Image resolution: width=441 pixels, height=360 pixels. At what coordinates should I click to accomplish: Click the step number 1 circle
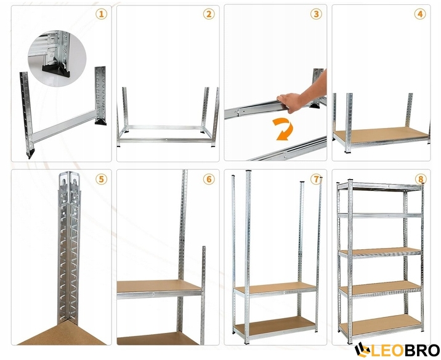[x=101, y=14]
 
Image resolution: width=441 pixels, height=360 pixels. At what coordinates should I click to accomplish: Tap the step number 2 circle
[x=209, y=14]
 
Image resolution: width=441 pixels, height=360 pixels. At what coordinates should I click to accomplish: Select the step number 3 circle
[x=316, y=14]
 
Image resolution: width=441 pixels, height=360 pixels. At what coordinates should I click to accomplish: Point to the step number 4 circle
[x=420, y=14]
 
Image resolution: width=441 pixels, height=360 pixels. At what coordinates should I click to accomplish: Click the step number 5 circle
[x=101, y=179]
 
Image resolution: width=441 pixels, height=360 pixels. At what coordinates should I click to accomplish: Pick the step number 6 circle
[x=209, y=179]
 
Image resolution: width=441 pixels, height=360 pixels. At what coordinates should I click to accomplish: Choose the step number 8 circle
[x=421, y=179]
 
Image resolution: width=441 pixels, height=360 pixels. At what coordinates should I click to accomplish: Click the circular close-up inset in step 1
[x=57, y=58]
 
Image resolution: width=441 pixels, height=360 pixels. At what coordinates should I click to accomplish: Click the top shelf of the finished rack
[x=380, y=186]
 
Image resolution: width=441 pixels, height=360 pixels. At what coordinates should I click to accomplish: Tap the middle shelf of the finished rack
[x=380, y=252]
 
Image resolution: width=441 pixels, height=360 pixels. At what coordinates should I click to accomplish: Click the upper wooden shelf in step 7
[x=276, y=289]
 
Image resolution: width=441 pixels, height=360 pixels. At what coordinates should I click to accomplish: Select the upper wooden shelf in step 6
[x=159, y=287]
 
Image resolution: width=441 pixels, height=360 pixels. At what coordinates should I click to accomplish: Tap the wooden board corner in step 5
[x=62, y=334]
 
